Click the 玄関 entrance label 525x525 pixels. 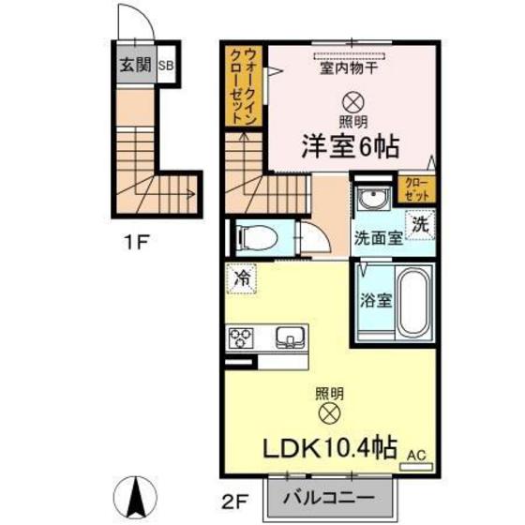135,66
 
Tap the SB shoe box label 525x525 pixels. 165,66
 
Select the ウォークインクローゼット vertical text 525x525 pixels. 248,88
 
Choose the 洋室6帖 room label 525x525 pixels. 351,146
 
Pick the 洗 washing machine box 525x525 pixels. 422,226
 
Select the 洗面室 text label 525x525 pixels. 378,238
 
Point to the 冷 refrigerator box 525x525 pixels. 242,278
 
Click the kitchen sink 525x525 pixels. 289,336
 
